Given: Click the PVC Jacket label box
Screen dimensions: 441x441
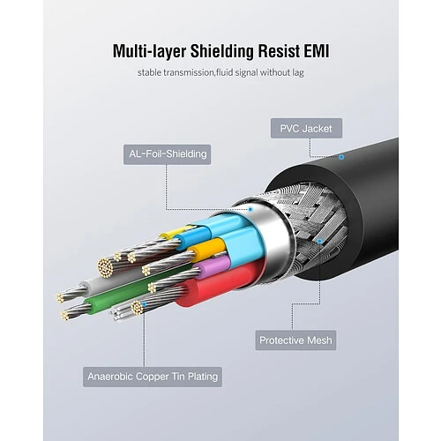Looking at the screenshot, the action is [x=306, y=128].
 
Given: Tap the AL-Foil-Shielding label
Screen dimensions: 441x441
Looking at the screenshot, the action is [x=167, y=154].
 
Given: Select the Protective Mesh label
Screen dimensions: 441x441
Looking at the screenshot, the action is [x=295, y=340].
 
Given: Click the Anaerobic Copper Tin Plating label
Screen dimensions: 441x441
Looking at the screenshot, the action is [x=153, y=377].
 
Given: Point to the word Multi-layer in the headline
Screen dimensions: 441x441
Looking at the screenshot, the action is [x=149, y=52].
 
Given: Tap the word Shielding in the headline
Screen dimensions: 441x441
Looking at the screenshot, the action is [x=222, y=52].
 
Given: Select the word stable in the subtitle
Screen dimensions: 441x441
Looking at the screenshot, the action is [x=149, y=72].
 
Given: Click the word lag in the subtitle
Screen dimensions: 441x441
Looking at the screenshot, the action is [x=298, y=73].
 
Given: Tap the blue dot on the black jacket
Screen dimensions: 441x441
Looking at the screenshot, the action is [x=341, y=157].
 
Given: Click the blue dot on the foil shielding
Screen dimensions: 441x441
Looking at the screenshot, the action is [x=250, y=210].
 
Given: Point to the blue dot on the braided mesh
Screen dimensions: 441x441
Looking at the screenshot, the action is [x=319, y=241].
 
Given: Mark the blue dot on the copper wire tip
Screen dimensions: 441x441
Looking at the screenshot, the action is [x=144, y=304].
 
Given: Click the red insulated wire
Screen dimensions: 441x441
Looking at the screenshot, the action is [x=218, y=284].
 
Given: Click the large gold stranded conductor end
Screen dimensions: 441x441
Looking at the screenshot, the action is [x=105, y=267].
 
